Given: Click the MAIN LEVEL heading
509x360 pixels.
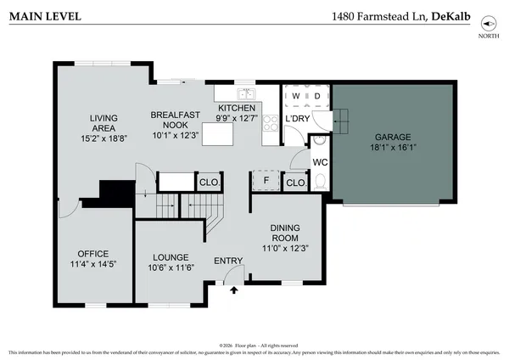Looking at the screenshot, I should point(43,16).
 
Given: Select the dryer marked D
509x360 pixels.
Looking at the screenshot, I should point(316,96).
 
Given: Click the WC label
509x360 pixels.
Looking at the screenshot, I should point(319,160).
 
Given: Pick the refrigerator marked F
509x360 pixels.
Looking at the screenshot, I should point(266,181).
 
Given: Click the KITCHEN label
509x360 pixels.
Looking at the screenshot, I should point(237,109).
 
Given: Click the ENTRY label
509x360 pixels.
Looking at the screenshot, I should point(227,262).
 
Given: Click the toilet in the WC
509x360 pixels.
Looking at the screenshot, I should point(319,180).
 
